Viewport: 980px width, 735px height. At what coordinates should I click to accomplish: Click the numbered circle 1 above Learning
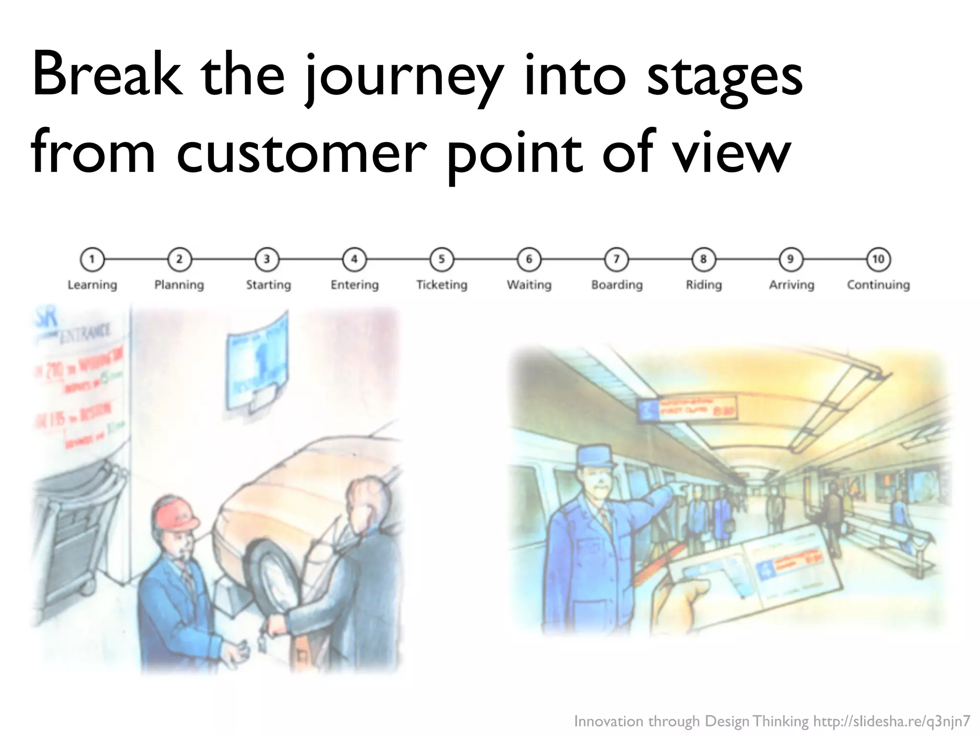click(x=92, y=259)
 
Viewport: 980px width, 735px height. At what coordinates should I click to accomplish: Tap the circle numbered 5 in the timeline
click(x=442, y=259)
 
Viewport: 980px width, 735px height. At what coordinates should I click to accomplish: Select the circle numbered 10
click(x=878, y=259)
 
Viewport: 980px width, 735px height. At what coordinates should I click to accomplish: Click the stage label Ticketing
click(x=442, y=285)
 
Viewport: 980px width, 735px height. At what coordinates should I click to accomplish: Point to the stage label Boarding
click(x=617, y=285)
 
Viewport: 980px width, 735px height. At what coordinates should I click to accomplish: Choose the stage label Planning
click(x=179, y=285)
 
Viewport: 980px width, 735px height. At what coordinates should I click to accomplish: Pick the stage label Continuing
click(x=878, y=285)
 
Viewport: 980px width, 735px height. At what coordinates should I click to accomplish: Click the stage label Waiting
click(x=529, y=285)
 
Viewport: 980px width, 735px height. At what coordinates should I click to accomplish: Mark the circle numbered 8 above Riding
click(x=703, y=259)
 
